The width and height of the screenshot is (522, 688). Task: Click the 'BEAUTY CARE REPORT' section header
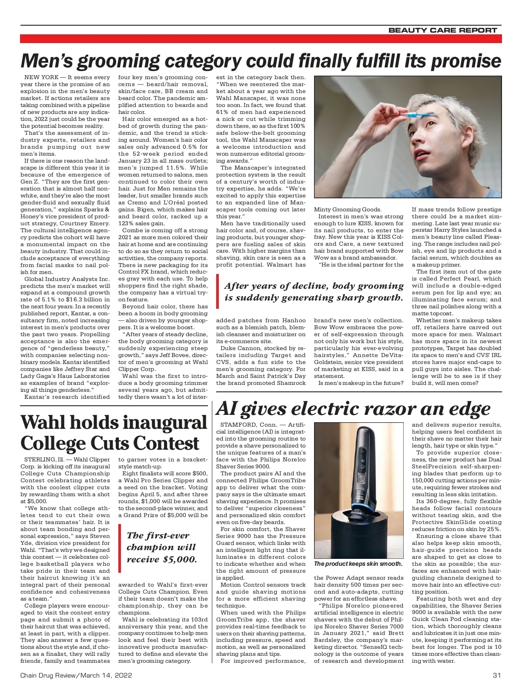pos(442,30)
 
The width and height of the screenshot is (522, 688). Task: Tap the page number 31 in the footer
pos(497,675)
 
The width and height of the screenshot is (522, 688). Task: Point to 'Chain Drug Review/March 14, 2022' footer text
pos(76,675)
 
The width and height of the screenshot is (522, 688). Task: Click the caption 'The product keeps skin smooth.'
pos(358,564)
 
